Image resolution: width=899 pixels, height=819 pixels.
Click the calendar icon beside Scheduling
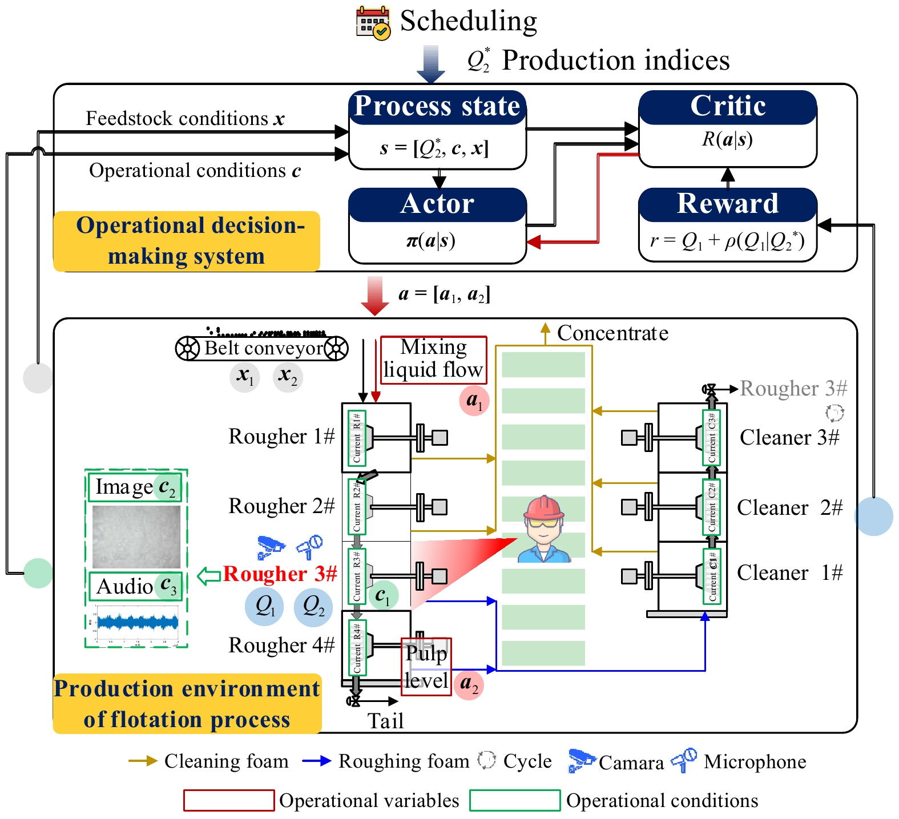(x=373, y=22)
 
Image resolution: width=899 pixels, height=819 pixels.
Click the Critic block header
(x=727, y=107)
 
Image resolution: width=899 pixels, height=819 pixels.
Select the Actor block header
(x=437, y=204)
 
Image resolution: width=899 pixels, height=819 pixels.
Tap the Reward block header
(x=727, y=204)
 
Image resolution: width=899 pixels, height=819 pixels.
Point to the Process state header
(x=437, y=107)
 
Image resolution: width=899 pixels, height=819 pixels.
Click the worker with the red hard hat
(x=544, y=529)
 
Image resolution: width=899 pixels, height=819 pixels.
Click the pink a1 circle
(x=474, y=401)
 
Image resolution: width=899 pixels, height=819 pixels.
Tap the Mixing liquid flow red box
(x=433, y=360)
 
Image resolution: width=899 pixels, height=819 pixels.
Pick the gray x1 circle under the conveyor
(x=245, y=377)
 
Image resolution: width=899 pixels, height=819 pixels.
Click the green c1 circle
(x=383, y=595)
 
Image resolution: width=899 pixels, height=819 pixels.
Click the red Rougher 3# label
(x=280, y=574)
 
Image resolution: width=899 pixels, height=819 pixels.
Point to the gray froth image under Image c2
(x=136, y=536)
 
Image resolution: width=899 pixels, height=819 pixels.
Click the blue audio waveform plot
(x=137, y=622)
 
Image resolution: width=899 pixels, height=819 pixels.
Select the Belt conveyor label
(x=263, y=348)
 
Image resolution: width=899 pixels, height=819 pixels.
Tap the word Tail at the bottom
(x=385, y=721)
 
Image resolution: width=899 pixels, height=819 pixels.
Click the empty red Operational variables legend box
(x=229, y=800)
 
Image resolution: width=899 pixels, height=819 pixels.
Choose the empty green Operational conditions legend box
(x=515, y=800)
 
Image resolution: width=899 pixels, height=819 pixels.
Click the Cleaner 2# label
(x=789, y=507)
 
